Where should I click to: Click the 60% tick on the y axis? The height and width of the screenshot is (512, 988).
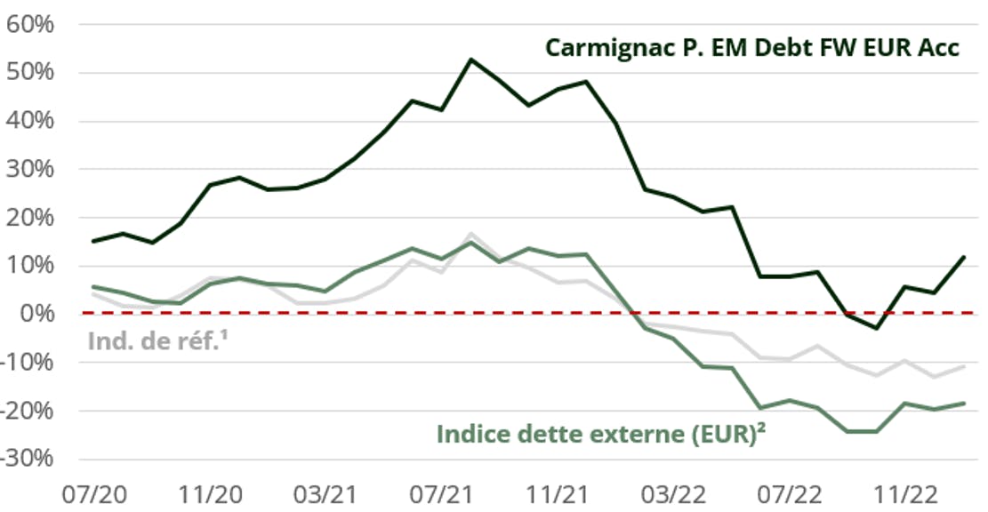point(31,23)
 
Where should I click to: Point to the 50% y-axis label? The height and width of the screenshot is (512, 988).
point(31,72)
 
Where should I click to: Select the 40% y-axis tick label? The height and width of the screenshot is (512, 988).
point(31,120)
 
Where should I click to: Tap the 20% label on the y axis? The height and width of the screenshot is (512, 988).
point(31,217)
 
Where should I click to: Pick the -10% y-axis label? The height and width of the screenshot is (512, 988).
point(28,362)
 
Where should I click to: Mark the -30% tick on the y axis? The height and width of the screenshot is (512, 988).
point(28,459)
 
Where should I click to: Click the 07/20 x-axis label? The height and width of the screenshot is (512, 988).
point(93,492)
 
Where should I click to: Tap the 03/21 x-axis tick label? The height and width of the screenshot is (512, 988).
point(325,492)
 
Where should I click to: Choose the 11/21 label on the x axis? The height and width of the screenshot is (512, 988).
point(558,492)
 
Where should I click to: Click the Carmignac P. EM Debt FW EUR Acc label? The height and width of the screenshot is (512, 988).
point(751,47)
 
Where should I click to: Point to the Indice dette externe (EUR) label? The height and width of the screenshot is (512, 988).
point(602,435)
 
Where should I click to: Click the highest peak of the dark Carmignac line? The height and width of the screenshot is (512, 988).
point(470,60)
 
